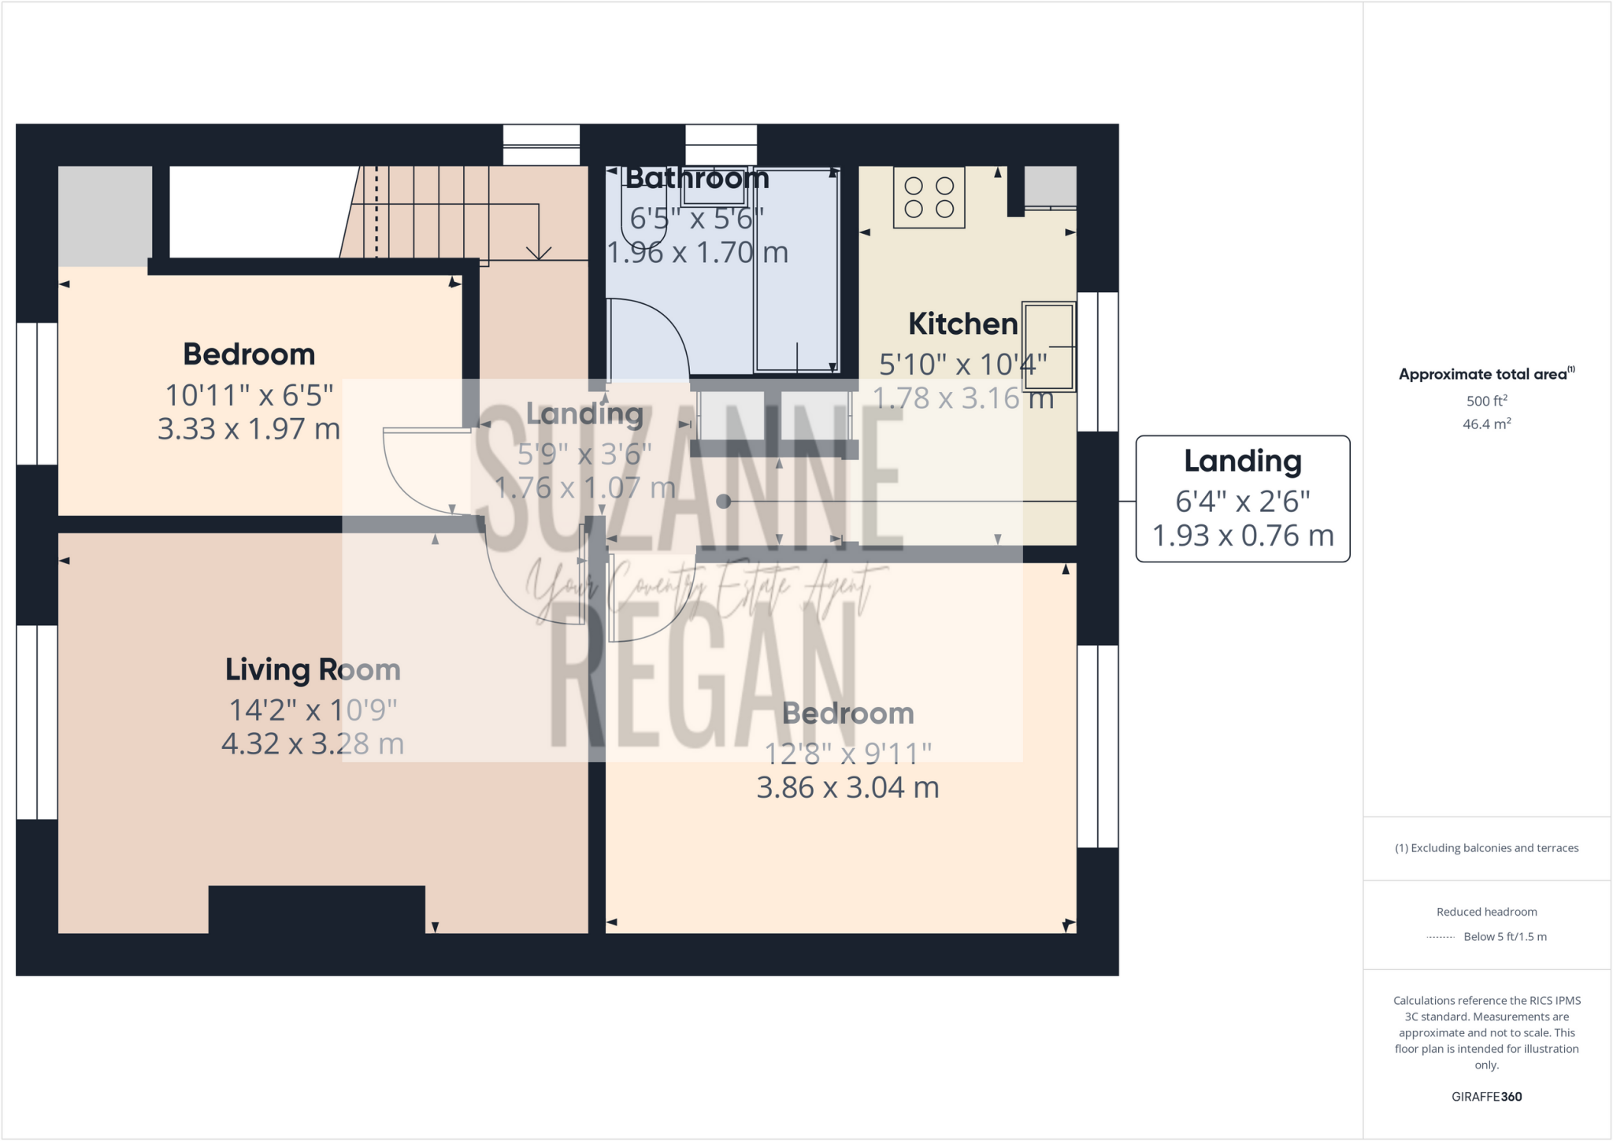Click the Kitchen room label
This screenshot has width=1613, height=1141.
tap(962, 324)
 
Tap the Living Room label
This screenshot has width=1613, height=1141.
tap(313, 669)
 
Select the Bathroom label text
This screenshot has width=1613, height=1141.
tap(697, 178)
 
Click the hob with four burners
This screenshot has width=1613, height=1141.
tap(929, 198)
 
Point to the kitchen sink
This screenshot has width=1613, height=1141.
tap(1048, 346)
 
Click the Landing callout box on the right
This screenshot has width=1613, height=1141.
tap(1243, 498)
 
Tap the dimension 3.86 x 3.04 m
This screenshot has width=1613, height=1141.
tap(847, 787)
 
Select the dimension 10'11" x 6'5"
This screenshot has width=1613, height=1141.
tap(249, 395)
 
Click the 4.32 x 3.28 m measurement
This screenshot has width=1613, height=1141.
tap(313, 743)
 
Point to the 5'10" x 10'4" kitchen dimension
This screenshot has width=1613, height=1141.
tap(962, 365)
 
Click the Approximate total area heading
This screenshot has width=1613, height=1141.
tap(1485, 374)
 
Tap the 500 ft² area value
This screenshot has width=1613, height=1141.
tap(1486, 401)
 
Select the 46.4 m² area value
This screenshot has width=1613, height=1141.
tap(1486, 424)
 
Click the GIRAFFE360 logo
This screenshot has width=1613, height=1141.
tap(1486, 1096)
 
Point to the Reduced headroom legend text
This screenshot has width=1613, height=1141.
tap(1486, 912)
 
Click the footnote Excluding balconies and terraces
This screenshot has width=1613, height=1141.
tap(1486, 848)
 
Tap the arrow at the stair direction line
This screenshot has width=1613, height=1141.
tap(539, 253)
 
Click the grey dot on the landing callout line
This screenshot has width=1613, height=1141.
tap(724, 501)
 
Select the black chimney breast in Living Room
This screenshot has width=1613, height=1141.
tap(317, 909)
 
